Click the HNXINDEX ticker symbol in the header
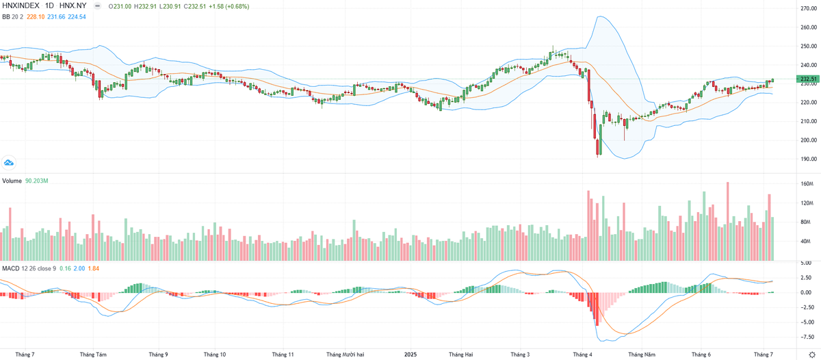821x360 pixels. point(21,6)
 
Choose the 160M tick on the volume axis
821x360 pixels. point(806,184)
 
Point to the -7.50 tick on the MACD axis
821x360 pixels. point(807,337)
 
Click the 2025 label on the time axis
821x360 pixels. point(410,354)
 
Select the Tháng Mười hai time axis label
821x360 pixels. point(345,354)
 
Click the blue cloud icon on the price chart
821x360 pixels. point(9,162)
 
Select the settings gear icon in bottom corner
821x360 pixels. point(811,354)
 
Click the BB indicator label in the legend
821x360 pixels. point(5,16)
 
